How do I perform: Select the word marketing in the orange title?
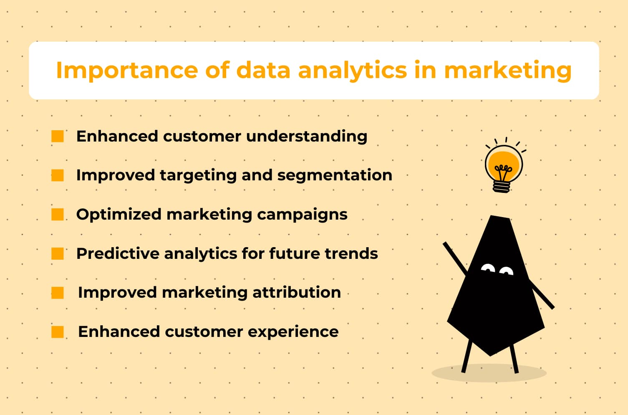click(508, 71)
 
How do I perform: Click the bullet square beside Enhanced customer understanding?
click(58, 136)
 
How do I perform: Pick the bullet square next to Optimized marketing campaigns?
click(58, 214)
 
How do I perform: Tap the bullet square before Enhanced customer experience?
click(58, 331)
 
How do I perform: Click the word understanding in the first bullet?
click(307, 137)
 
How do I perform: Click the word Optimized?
click(119, 215)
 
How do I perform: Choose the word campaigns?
click(302, 215)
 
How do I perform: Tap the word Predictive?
click(118, 253)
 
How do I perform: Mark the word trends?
click(351, 253)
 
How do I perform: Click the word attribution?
click(297, 292)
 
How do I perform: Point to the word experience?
click(293, 332)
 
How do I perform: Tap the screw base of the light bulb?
click(501, 187)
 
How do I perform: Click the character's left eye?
click(488, 268)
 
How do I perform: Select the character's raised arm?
click(455, 258)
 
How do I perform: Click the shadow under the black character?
click(489, 373)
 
